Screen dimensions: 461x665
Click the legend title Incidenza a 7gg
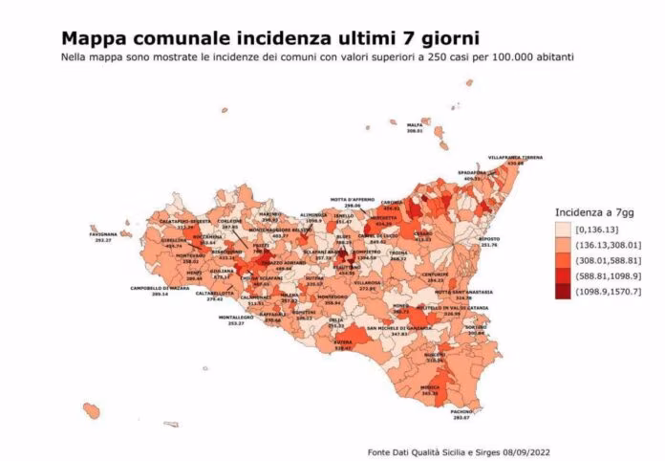[593, 212]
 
